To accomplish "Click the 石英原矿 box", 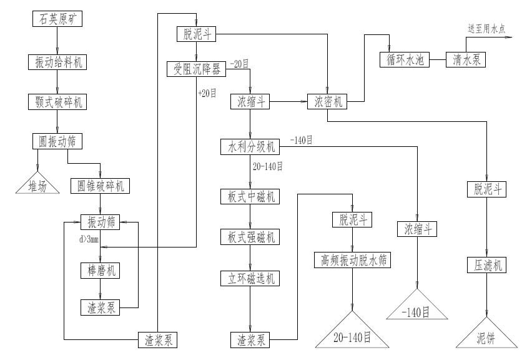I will tap(57, 19).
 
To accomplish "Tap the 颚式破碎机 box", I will tap(57, 101).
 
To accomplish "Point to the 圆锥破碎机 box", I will tap(101, 186).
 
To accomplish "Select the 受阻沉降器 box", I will tap(197, 68).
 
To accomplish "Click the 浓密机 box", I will tap(327, 101).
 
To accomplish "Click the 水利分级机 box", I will tap(250, 147).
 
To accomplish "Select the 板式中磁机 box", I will tap(250, 196).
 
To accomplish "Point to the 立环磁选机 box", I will tap(250, 277).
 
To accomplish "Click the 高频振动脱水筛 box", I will tap(353, 260).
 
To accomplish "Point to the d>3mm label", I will tap(90, 239).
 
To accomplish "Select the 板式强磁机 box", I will tap(250, 237).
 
